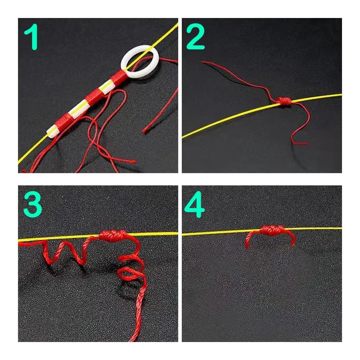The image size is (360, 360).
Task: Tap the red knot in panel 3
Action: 114,236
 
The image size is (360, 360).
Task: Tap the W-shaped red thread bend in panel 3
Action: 68,252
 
